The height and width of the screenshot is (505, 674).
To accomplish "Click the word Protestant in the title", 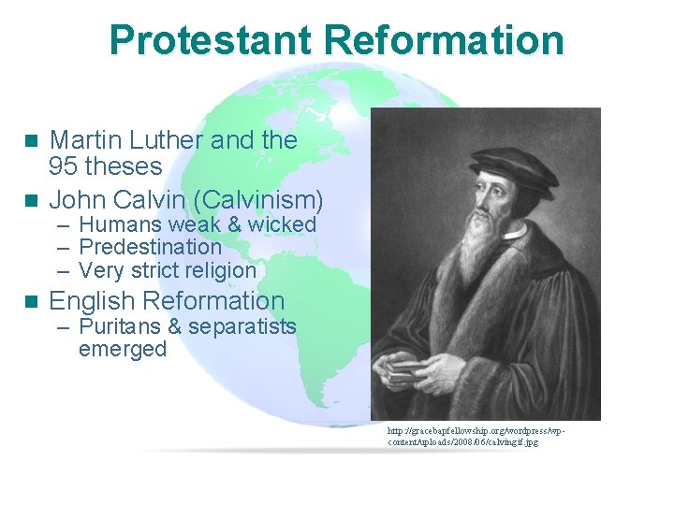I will (210, 41).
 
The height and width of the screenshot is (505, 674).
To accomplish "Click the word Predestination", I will (150, 248).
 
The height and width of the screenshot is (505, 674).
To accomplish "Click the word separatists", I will (242, 327).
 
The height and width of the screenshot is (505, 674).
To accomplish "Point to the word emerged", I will (123, 350).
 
